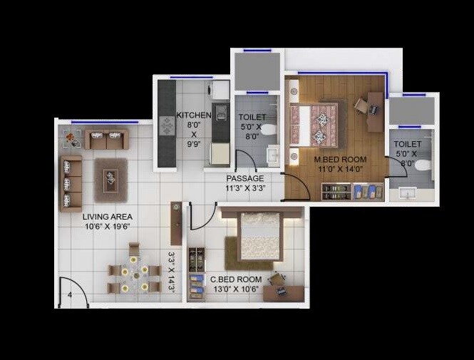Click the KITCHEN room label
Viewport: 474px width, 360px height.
pos(194,115)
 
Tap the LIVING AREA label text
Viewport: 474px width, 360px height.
pos(107,217)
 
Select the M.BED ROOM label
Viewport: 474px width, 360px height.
pos(341,159)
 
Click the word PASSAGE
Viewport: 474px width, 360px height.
pos(245,178)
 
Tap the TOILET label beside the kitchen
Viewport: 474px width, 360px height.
pos(252,116)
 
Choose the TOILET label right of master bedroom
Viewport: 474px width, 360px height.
pos(408,144)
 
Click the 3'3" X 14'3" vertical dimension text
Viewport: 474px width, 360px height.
pos(172,271)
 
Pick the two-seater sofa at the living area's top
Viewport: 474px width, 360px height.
pos(107,139)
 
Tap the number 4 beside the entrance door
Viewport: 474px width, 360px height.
pos(70,294)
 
